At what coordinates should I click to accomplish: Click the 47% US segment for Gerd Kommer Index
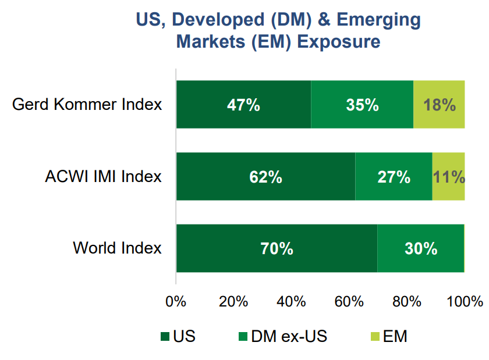tap(243, 105)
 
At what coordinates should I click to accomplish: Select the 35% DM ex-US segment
tap(362, 105)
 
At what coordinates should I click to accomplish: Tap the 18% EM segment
tap(440, 105)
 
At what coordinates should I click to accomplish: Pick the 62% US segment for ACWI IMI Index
tap(265, 177)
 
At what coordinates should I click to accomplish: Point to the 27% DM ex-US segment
tap(394, 177)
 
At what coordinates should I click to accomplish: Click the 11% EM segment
tap(448, 177)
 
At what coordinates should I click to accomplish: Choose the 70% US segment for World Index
tap(277, 248)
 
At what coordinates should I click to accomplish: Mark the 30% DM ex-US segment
tap(421, 248)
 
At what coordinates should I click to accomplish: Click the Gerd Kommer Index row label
tap(87, 105)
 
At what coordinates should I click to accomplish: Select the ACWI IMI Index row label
tap(103, 177)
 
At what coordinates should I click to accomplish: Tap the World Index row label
tap(117, 248)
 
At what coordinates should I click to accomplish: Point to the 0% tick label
tap(176, 302)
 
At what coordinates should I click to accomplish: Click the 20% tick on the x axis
tap(233, 302)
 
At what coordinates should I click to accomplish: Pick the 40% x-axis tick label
tap(291, 302)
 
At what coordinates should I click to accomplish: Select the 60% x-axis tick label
tap(349, 302)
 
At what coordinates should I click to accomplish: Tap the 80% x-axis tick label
tap(406, 302)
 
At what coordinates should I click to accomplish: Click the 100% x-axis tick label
tap(464, 302)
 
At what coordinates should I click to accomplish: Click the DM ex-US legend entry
tap(283, 336)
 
